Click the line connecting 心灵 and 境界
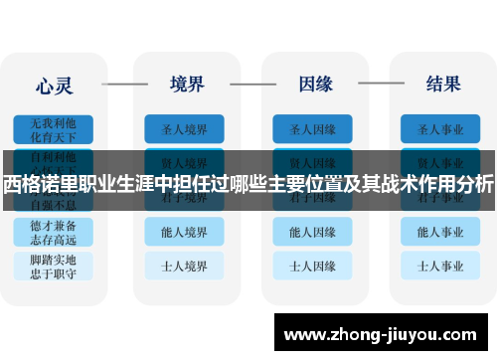124,84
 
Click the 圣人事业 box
442,129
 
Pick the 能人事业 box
442,233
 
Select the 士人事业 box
442,267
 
